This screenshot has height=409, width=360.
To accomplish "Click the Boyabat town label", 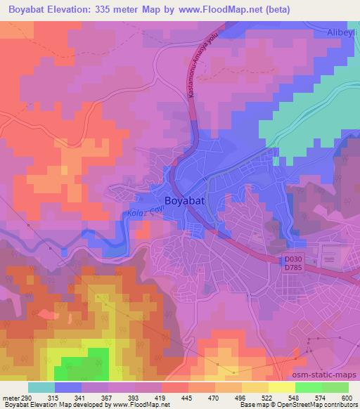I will point(186,201).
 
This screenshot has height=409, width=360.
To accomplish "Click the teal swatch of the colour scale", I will point(41,387).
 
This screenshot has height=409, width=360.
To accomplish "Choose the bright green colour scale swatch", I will point(308,387).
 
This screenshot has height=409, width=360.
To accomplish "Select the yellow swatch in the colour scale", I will point(281,387).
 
